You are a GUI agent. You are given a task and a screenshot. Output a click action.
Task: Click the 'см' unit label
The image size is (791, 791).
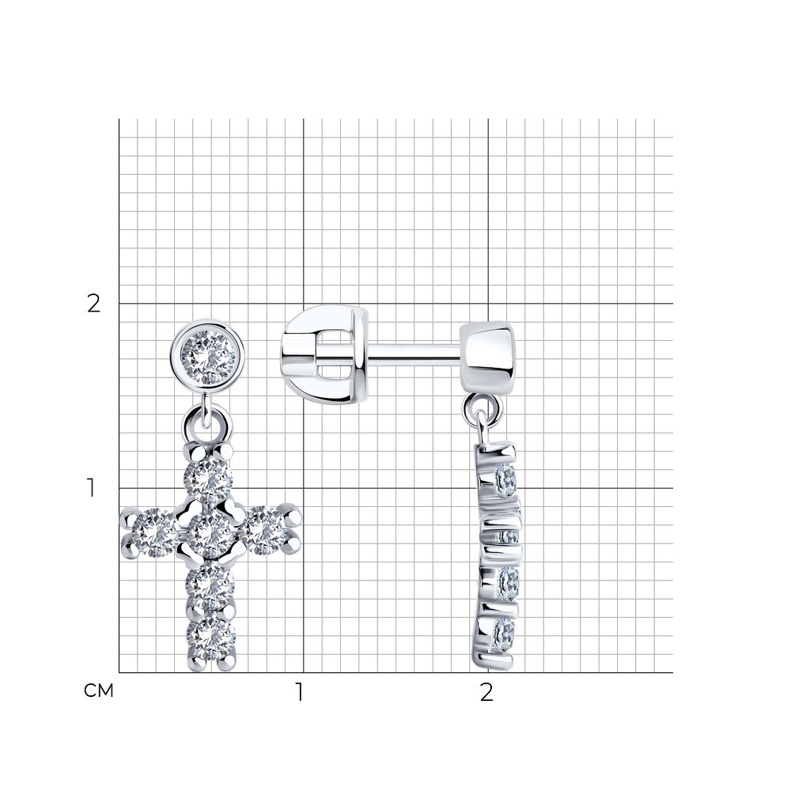click(x=99, y=691)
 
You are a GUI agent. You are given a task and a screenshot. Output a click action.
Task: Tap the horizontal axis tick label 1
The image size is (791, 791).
click(x=300, y=692)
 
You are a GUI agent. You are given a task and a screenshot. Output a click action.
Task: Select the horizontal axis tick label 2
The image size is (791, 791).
click(x=486, y=692)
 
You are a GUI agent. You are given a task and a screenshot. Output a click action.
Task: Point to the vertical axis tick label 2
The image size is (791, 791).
click(x=94, y=304)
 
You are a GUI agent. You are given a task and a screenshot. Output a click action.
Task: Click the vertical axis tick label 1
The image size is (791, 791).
click(x=91, y=488)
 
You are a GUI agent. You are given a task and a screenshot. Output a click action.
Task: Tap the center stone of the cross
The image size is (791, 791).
click(x=211, y=532)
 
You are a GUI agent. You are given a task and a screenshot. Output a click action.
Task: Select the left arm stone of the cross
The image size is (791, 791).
click(x=154, y=532)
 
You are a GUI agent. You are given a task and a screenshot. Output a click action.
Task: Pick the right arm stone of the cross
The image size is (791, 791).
click(x=264, y=531)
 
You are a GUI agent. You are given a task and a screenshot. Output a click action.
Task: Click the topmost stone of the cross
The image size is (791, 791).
click(x=207, y=479)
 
